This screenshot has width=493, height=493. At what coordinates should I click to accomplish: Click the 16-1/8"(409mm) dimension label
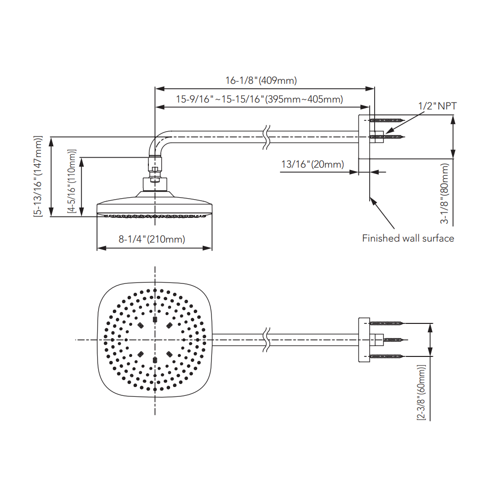(261, 80)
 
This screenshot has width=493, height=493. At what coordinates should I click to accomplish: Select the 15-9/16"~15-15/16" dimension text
(220, 100)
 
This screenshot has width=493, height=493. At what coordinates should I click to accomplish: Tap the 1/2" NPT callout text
(437, 106)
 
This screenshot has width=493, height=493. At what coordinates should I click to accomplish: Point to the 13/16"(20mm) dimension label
(313, 164)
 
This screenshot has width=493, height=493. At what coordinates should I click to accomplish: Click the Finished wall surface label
(408, 238)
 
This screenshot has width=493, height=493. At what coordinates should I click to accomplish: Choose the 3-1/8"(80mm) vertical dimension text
(444, 193)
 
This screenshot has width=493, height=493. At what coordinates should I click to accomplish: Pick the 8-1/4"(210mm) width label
(152, 239)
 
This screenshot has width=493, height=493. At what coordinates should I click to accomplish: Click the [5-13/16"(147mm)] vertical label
(38, 176)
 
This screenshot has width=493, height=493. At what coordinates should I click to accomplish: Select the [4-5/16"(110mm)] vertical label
(71, 181)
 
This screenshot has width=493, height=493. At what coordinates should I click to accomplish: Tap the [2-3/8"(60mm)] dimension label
(422, 392)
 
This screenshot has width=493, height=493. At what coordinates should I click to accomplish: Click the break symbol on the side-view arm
(266, 137)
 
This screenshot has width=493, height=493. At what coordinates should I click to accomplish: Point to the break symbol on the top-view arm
(266, 340)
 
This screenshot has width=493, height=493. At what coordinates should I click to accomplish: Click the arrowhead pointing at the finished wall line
(373, 201)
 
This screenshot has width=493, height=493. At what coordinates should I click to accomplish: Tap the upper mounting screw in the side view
(387, 120)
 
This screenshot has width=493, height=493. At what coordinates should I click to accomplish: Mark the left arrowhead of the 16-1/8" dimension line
(160, 89)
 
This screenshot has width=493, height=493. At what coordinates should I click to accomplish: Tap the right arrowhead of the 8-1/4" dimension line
(208, 248)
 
